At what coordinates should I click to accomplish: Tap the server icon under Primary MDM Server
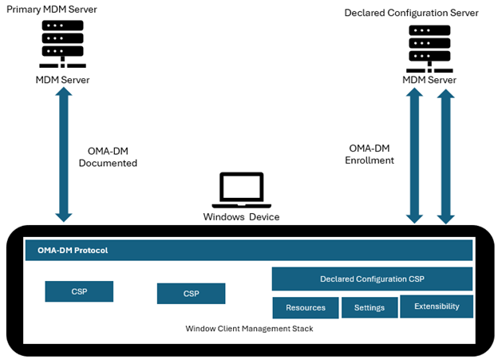(x=62, y=45)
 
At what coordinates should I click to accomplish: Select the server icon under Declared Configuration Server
(x=429, y=45)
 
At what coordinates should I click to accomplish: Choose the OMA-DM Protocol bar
(x=249, y=250)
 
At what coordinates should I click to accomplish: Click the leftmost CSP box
(x=79, y=291)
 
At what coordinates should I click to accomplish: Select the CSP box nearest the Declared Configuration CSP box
(x=191, y=293)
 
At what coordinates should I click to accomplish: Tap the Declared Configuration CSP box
(x=372, y=279)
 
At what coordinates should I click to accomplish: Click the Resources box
(x=305, y=307)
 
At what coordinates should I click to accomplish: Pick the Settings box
(x=369, y=307)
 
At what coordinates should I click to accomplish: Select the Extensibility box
(x=436, y=307)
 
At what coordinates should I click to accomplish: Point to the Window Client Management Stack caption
(x=248, y=328)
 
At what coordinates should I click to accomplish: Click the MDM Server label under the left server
(x=62, y=80)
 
